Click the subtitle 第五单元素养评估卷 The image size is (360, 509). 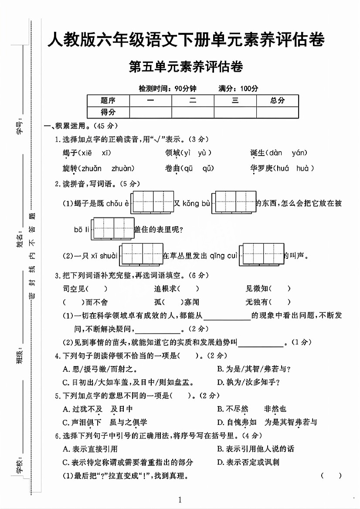186,67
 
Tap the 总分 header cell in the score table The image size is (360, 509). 277,101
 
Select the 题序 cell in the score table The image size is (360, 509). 108,101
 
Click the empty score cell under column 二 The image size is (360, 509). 193,112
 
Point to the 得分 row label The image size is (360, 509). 108,112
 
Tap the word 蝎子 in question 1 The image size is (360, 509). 70,153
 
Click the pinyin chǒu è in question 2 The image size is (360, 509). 117,204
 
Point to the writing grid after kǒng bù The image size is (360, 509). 235,203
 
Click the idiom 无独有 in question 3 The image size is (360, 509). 257,302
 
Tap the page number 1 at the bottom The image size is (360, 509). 180,499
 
